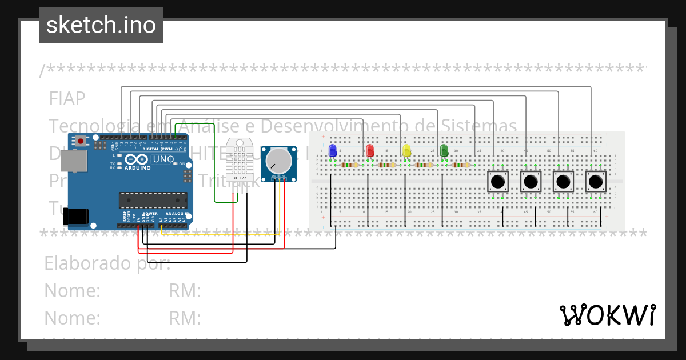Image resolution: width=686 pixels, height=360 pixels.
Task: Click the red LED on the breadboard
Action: [x=370, y=150]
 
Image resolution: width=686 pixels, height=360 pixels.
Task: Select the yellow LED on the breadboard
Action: [x=407, y=150]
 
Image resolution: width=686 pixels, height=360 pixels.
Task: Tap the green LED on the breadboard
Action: [x=444, y=150]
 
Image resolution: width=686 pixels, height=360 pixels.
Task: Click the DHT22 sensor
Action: [x=240, y=160]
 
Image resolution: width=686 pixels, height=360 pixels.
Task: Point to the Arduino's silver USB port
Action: [x=74, y=163]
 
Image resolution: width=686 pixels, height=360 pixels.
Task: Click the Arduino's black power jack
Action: [x=75, y=216]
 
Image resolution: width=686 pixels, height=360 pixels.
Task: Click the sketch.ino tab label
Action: [x=101, y=25]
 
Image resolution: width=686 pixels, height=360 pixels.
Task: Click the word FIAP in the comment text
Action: [x=67, y=99]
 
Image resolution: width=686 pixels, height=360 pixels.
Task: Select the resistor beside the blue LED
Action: [x=349, y=165]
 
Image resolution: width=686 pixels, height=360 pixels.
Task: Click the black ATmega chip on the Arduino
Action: [x=153, y=200]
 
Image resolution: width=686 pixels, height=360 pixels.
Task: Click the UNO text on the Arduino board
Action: [x=165, y=159]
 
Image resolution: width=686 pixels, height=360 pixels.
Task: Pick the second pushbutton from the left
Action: [x=531, y=182]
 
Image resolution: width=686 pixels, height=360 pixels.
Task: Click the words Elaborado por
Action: [x=107, y=263]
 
